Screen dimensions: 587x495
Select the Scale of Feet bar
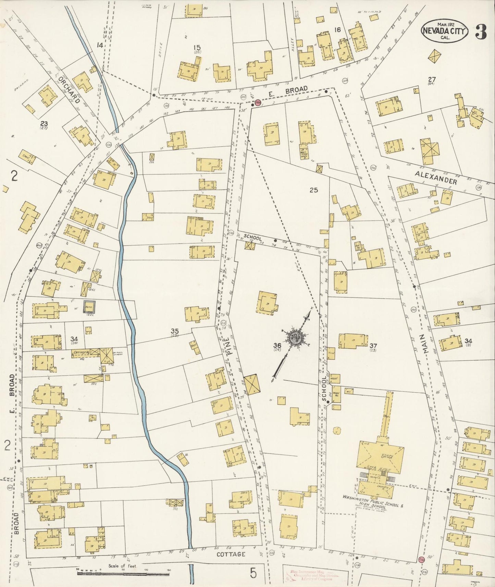(x=123, y=572)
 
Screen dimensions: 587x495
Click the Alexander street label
(x=436, y=177)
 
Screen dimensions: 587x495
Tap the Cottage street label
(x=231, y=554)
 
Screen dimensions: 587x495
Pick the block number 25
(x=313, y=190)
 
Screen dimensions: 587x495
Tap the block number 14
(x=100, y=45)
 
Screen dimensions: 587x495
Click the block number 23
(x=44, y=124)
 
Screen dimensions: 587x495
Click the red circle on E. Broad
(x=258, y=102)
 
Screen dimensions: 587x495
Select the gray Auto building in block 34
(x=90, y=307)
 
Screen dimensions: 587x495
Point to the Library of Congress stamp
(x=311, y=576)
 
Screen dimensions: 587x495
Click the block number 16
(x=337, y=30)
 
